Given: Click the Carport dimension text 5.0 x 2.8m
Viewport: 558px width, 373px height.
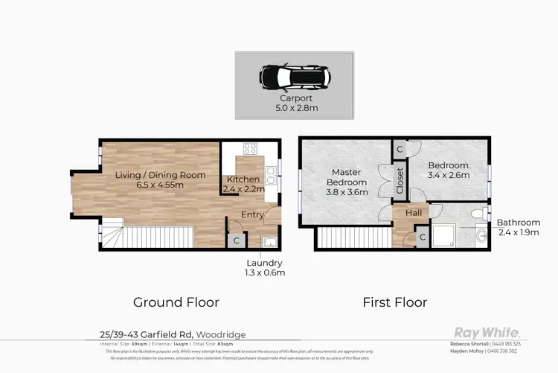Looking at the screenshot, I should [296, 107].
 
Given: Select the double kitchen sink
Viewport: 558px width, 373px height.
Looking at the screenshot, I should [272, 178].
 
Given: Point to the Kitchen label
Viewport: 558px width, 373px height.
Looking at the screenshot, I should [243, 179].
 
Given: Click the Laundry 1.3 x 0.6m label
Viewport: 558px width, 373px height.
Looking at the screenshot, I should [266, 267].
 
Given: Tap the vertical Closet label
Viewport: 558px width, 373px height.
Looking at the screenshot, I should [400, 181].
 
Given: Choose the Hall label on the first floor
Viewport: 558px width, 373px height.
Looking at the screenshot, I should [414, 213].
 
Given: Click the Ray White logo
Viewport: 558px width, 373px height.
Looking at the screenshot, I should [487, 332].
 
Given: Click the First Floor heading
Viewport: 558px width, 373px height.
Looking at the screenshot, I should [394, 302].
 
